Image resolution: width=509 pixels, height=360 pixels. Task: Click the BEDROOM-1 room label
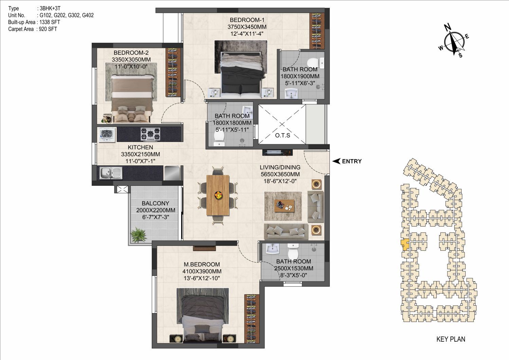[x=247, y=20]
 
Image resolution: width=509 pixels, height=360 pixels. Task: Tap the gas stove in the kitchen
[x=150, y=134]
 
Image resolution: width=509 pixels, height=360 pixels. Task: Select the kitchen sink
[x=111, y=173]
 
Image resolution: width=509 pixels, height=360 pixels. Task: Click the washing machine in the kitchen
[x=107, y=135]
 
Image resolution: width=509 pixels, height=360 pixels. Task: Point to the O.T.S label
[x=283, y=136]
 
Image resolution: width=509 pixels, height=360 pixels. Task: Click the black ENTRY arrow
[x=336, y=161]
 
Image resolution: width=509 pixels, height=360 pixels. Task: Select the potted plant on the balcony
[x=139, y=235]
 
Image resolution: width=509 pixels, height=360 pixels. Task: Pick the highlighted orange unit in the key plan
[x=405, y=245]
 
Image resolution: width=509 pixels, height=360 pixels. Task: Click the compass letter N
[x=448, y=28]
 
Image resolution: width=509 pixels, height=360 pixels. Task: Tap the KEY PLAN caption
[x=451, y=339]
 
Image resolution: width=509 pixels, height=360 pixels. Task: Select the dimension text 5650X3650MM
[x=280, y=174]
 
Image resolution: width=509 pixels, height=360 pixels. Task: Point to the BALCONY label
[x=156, y=203]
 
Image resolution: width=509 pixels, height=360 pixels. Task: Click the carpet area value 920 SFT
[x=48, y=29]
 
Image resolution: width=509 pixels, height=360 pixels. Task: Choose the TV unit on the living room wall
[x=277, y=152]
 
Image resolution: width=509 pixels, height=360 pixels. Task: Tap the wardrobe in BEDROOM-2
[x=174, y=72]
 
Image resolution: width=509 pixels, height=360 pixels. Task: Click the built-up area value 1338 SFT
[x=50, y=22]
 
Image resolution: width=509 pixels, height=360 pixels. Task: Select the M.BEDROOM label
[x=202, y=265]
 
